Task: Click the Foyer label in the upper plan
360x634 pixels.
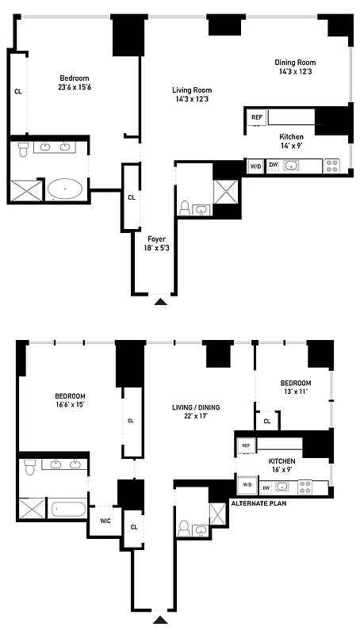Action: [x=156, y=238]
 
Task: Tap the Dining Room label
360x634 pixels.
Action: [x=295, y=63]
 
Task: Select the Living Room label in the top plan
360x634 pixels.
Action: [x=192, y=90]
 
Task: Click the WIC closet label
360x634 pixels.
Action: [x=104, y=521]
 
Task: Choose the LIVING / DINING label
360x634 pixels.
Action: [x=196, y=407]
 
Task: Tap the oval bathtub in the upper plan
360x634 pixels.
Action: [x=65, y=189]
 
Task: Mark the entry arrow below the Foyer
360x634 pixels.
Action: [x=161, y=301]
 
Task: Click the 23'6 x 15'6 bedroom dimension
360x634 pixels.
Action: [x=74, y=88]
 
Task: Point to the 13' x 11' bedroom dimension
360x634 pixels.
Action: [x=293, y=391]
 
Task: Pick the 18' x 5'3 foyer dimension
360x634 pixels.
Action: [x=156, y=248]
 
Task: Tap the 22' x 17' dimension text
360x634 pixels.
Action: [x=196, y=418]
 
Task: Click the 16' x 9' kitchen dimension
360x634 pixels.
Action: [x=281, y=470]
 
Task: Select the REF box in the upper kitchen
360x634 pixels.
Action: [x=256, y=117]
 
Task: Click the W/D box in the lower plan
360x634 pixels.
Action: [x=246, y=485]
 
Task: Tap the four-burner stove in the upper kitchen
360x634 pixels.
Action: [x=333, y=166]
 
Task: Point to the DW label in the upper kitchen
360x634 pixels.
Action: [x=273, y=165]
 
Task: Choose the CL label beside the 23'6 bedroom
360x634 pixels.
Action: [x=17, y=91]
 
